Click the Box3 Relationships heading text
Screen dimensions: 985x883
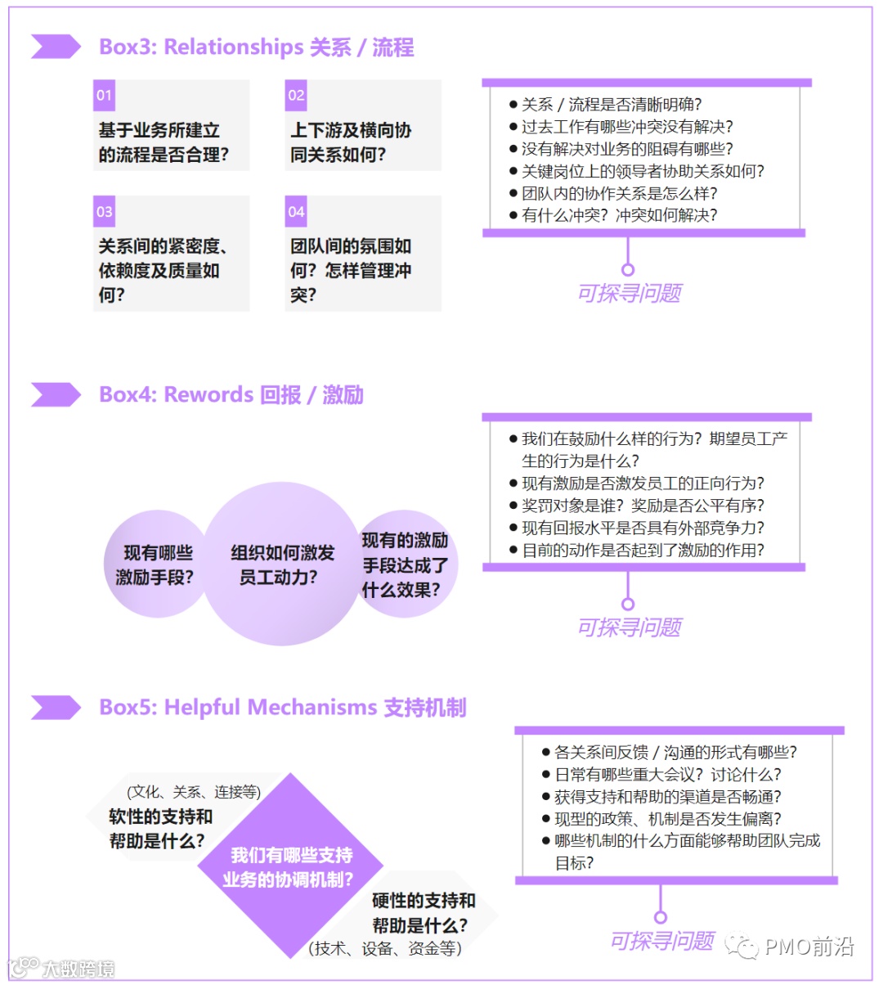click(x=256, y=47)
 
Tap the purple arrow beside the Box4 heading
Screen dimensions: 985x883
click(x=56, y=395)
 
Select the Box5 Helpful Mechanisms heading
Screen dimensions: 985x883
click(x=282, y=708)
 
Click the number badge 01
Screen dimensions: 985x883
click(x=104, y=95)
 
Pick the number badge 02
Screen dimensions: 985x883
click(x=296, y=95)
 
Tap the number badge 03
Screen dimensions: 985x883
click(x=104, y=212)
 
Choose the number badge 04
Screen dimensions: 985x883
click(x=296, y=212)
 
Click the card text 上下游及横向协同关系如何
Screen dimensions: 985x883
click(x=350, y=142)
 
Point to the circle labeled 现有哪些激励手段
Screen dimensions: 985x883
click(x=155, y=564)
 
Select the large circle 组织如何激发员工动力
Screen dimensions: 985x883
click(x=282, y=564)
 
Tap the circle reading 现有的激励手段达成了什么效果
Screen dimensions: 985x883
click(x=405, y=564)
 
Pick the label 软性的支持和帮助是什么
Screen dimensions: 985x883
click(x=160, y=828)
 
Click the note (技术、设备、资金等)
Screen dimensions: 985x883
click(x=385, y=948)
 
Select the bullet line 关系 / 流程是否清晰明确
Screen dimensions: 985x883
click(x=611, y=105)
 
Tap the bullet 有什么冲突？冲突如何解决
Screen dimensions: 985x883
click(x=619, y=215)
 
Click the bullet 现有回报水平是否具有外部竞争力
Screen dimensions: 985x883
click(x=643, y=528)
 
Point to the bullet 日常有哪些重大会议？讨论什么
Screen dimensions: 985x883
click(x=667, y=775)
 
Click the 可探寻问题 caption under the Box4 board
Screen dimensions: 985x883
click(x=629, y=627)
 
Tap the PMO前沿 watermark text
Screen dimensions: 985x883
click(x=809, y=947)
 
